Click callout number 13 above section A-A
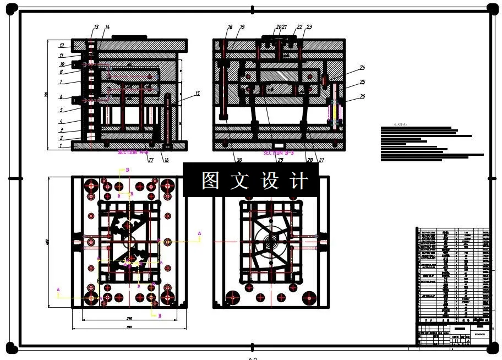[x=96, y=27]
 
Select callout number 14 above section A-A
[x=107, y=27]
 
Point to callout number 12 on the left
[x=62, y=46]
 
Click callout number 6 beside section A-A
[x=62, y=97]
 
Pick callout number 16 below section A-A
[x=166, y=160]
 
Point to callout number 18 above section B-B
[x=230, y=27]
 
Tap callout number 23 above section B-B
[x=309, y=27]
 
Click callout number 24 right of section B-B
[x=362, y=68]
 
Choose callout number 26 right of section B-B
[x=362, y=96]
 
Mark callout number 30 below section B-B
[x=238, y=160]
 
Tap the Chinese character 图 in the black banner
[x=210, y=180]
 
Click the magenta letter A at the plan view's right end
[x=199, y=234]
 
